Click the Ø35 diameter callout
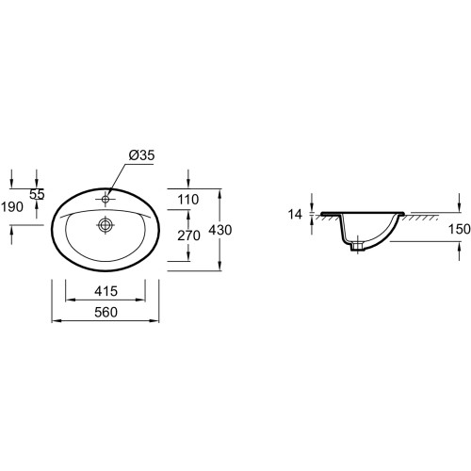[141, 154]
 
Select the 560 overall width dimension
[106, 312]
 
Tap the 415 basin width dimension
[106, 291]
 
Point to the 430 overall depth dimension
[220, 230]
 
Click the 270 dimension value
[188, 235]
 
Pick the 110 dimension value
[188, 200]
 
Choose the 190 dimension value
[12, 207]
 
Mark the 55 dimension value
[37, 194]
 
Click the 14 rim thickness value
[295, 215]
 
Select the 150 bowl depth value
[459, 229]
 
